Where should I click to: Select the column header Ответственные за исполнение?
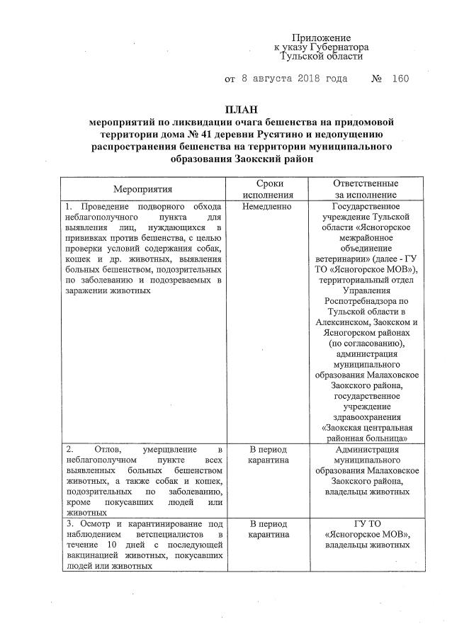[366, 189]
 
